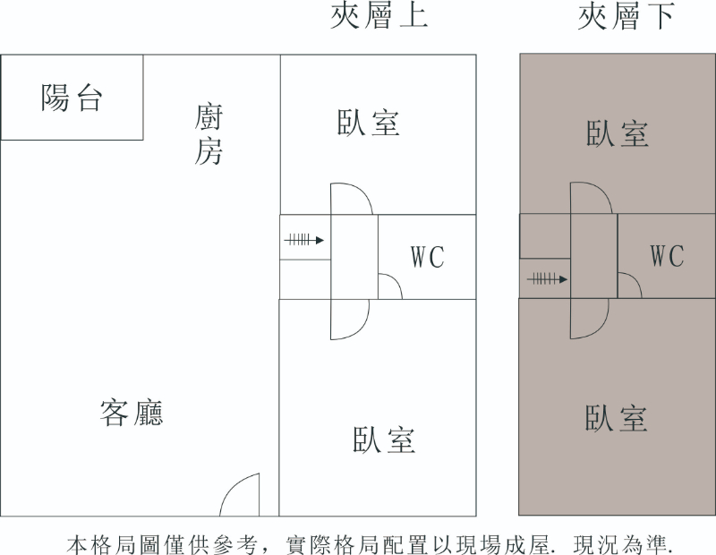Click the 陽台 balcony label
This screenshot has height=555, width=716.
[72, 97]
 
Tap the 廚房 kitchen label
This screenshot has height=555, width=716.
[209, 134]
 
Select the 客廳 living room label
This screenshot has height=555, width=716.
[131, 413]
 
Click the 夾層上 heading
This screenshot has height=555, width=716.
[379, 16]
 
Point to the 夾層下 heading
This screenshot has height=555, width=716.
[626, 16]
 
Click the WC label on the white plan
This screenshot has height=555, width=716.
[428, 258]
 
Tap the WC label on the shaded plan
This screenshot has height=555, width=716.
[667, 257]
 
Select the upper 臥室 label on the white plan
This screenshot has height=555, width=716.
[369, 123]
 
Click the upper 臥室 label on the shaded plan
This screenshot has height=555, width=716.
[618, 134]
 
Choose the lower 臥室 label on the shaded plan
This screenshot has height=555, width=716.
[617, 418]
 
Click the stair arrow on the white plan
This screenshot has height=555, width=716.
[304, 240]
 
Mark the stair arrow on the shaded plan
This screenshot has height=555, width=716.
[547, 279]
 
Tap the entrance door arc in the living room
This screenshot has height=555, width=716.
[240, 495]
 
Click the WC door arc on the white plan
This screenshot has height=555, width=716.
[390, 286]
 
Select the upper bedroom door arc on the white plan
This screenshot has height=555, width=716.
[352, 198]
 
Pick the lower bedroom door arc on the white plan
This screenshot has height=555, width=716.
[351, 319]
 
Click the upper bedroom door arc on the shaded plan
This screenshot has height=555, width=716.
[592, 197]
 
